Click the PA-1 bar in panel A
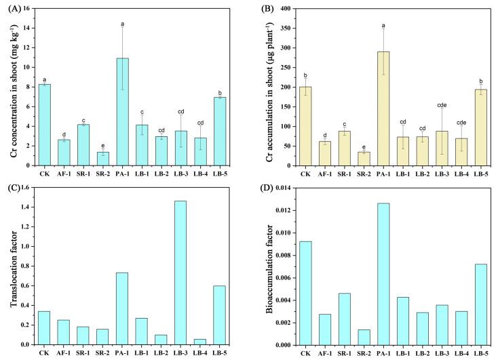point(123,112)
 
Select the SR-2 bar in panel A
point(102,159)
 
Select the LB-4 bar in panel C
point(199,342)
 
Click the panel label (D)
point(265,185)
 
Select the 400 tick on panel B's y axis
point(285,9)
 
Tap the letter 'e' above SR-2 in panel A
point(102,145)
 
